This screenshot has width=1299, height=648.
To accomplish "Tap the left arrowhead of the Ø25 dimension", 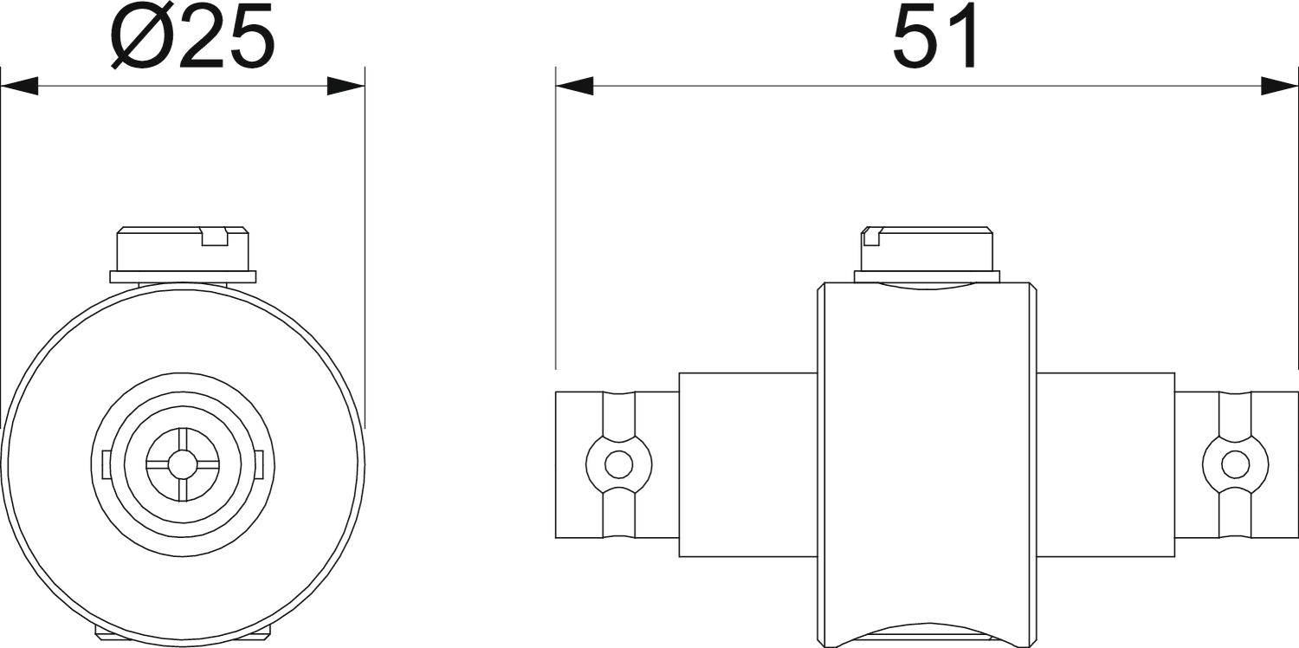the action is [19, 87].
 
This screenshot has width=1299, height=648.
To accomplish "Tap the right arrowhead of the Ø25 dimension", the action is [346, 87].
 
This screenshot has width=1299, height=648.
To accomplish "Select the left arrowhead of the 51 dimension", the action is [575, 87].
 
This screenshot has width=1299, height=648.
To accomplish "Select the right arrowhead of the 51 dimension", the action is [1280, 87].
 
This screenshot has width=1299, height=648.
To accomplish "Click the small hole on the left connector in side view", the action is [619, 464].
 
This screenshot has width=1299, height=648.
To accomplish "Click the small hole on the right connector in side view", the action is [1235, 464].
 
